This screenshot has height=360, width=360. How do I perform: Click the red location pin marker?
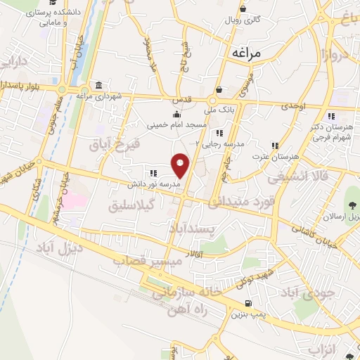tap(181, 165)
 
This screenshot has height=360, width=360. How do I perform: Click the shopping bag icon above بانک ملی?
tap(219, 90)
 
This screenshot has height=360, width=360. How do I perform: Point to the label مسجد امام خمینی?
tap(176, 124)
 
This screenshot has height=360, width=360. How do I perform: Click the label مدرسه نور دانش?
tap(153, 183)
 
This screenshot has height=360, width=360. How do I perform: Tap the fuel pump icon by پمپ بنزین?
tap(245, 304)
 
